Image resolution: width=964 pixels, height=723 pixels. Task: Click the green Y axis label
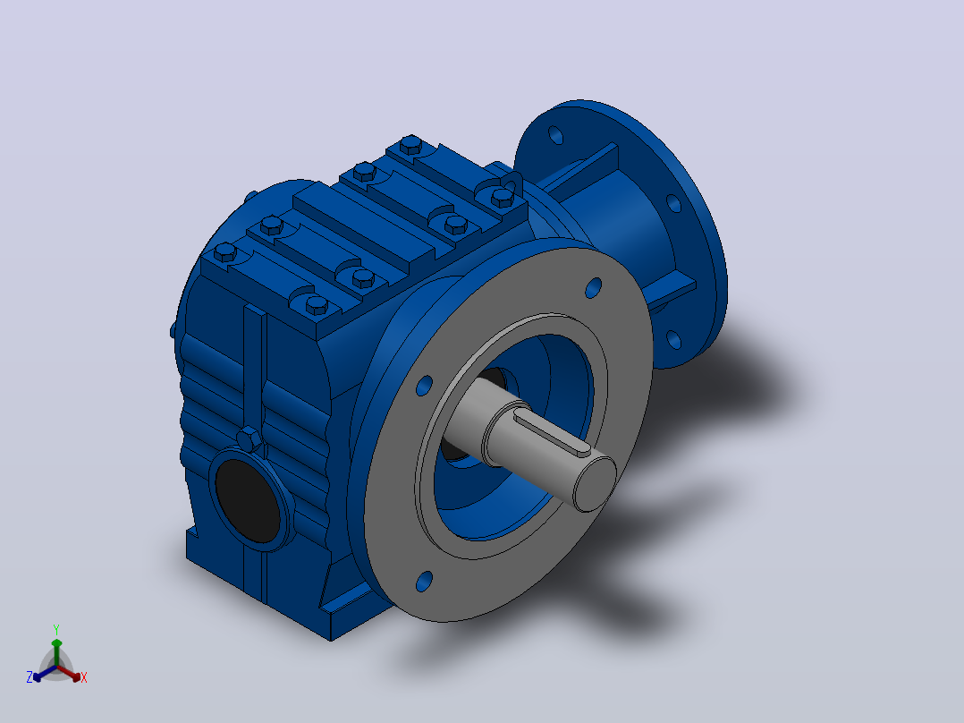(x=56, y=629)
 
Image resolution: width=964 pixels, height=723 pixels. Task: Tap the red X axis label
(x=84, y=677)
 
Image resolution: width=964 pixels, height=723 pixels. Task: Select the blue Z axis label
(x=30, y=676)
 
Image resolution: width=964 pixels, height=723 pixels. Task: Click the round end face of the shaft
(x=595, y=484)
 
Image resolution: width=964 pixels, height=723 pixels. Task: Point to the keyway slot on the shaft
(x=552, y=435)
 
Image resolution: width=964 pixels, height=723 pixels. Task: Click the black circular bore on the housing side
(x=247, y=499)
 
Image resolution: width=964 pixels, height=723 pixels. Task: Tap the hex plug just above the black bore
(x=249, y=439)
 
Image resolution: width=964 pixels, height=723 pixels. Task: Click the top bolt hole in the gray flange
(x=593, y=288)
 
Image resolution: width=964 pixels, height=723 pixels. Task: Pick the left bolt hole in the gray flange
(x=424, y=386)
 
